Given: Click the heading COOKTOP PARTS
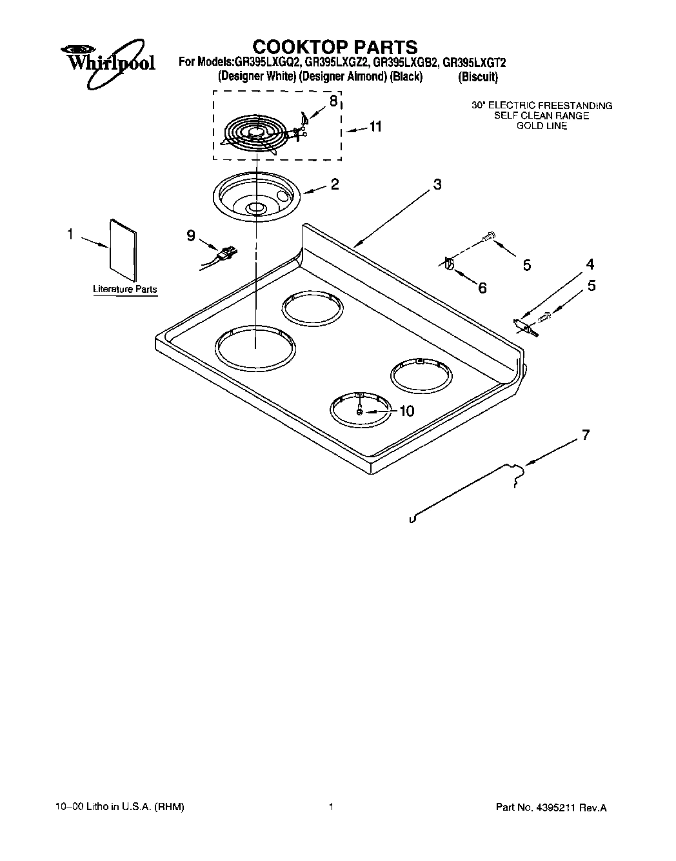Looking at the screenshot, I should [334, 47].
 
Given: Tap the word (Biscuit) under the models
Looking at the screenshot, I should [477, 77].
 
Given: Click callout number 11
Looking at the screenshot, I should [375, 127].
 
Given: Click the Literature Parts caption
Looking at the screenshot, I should [124, 290].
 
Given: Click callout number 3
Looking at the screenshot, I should [437, 185].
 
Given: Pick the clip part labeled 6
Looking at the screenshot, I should [450, 264].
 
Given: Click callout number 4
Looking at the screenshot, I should [590, 264].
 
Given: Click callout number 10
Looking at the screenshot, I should [406, 411].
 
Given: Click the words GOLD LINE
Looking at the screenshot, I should [541, 126].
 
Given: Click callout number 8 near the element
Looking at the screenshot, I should [333, 101].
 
